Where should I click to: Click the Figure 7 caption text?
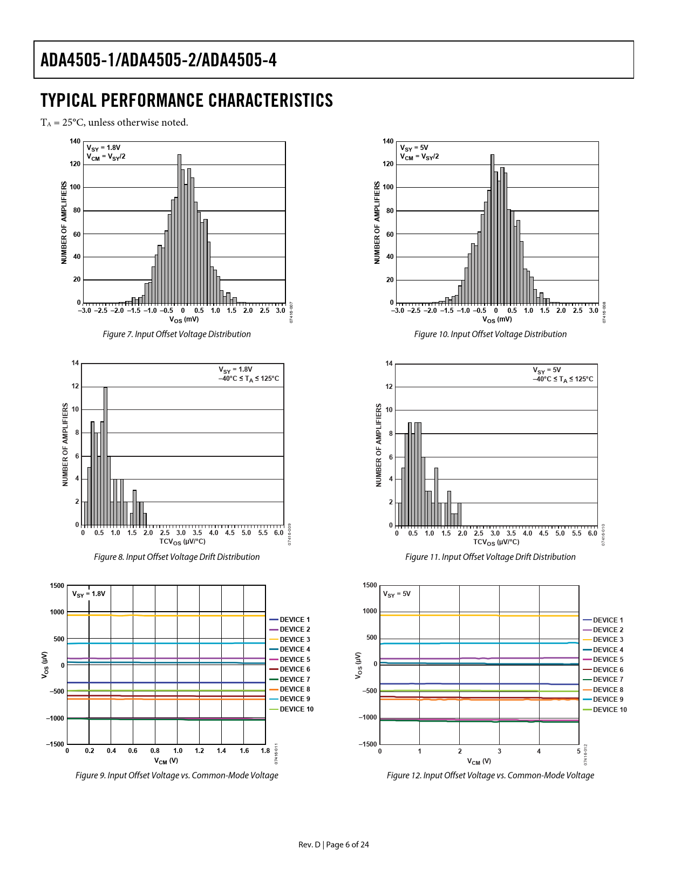[176, 334]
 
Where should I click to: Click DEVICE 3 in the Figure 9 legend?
[295, 640]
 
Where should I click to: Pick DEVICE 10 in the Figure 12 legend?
[610, 710]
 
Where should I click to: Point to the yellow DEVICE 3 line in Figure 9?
[162, 615]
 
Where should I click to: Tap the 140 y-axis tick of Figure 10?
[388, 141]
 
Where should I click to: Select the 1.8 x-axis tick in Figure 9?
[265, 751]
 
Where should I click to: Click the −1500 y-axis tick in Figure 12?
[369, 744]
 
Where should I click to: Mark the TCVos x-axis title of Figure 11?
[496, 542]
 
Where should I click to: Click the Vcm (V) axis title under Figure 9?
[166, 761]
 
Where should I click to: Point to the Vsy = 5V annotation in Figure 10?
[414, 148]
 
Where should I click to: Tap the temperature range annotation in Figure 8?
[249, 379]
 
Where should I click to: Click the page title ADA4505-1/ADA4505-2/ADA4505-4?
[159, 60]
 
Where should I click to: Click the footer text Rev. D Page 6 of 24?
[333, 845]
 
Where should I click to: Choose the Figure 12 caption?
[490, 776]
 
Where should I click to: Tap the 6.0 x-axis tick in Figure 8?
[278, 533]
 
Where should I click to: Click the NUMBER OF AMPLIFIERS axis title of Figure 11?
[379, 445]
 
